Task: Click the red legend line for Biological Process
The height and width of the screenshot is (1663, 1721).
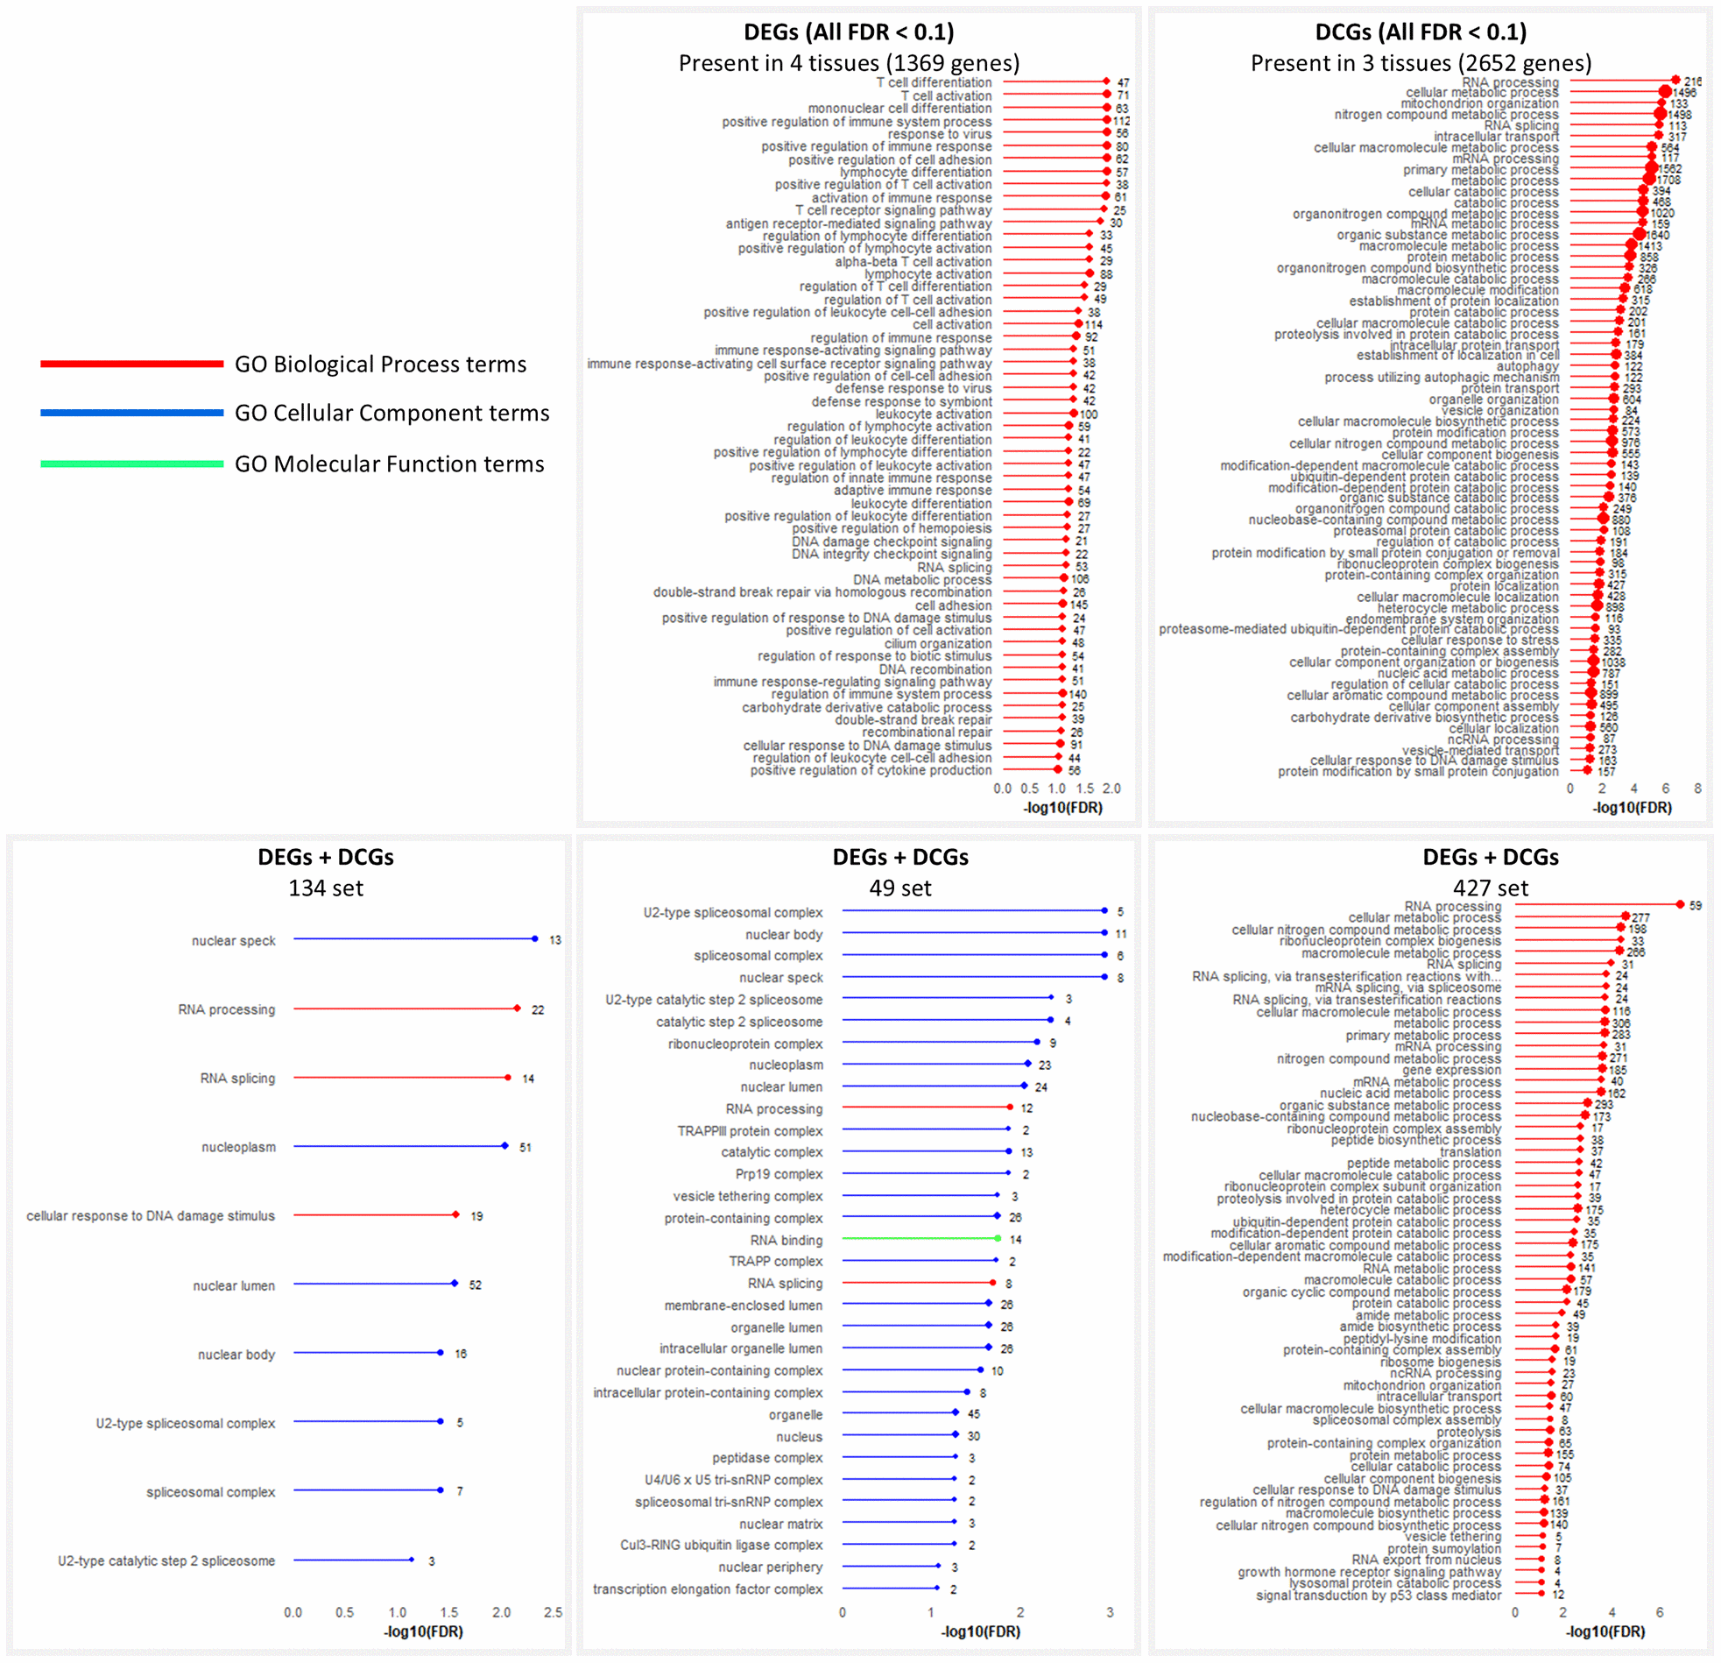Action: [x=131, y=364]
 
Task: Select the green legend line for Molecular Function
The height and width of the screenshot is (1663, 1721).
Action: [x=131, y=464]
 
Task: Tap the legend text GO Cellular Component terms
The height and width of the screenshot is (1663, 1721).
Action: [x=391, y=413]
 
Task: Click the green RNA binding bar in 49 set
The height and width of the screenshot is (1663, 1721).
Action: [x=919, y=1239]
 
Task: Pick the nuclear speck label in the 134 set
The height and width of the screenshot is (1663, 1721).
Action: [x=234, y=941]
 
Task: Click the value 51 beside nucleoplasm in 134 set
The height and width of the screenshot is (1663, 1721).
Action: [x=525, y=1147]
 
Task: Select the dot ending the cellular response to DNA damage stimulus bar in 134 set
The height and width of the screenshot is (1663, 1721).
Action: [x=455, y=1215]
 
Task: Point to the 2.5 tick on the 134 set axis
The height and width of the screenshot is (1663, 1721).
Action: [x=554, y=1613]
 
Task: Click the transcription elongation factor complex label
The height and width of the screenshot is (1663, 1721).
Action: [x=708, y=1589]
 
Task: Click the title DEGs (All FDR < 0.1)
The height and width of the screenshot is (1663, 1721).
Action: [x=848, y=32]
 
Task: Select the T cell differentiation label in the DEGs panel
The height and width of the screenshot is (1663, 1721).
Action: [x=934, y=82]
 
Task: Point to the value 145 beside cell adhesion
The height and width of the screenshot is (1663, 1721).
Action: [x=1079, y=605]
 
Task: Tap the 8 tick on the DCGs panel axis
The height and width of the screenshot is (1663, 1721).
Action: [x=1697, y=789]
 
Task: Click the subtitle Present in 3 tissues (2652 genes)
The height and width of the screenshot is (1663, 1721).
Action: [x=1421, y=63]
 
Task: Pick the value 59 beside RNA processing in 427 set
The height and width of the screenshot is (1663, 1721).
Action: [x=1695, y=906]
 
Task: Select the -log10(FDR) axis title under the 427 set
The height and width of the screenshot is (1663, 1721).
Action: [x=1605, y=1631]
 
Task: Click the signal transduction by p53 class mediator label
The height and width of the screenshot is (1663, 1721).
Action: [x=1378, y=1596]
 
